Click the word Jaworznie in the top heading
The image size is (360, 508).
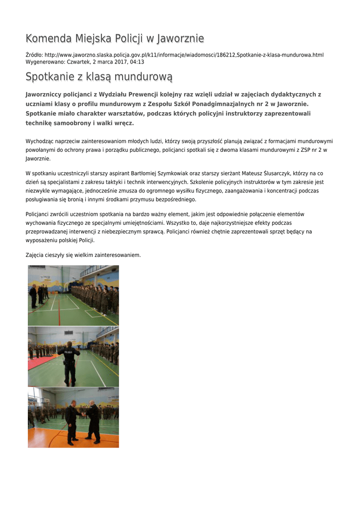coord(180,39)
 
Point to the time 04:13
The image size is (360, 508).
coord(137,62)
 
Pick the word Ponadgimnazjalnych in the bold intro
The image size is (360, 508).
coord(237,104)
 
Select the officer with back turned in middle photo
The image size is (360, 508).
coord(69,362)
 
